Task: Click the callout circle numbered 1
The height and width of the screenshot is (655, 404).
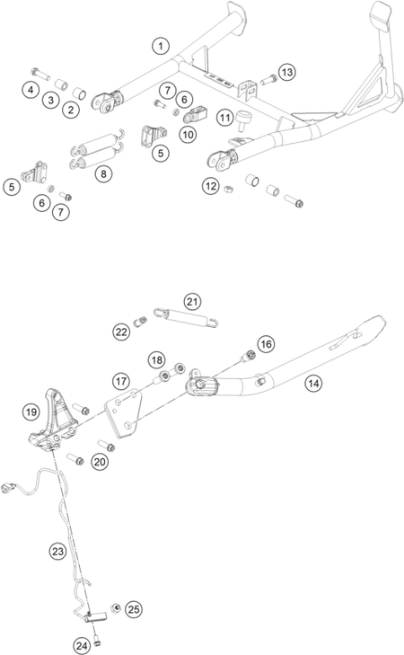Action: coord(161,46)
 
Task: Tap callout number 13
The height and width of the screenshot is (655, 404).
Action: coord(286,72)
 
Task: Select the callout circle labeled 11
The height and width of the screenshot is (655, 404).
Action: coord(225,118)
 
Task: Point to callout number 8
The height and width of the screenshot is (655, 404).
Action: coord(103,173)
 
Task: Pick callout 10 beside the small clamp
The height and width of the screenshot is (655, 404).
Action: coord(188,135)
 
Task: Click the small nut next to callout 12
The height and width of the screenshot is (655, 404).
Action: coord(228,190)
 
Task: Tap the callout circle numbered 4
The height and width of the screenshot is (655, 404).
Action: coord(31,89)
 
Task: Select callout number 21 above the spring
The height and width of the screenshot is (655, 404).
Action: coord(192,302)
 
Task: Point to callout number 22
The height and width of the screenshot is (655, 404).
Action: coord(121,332)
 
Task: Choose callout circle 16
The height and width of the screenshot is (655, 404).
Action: coord(266,344)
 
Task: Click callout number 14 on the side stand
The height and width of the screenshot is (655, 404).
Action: coord(313,383)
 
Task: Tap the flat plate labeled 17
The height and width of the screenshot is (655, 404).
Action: coord(123,412)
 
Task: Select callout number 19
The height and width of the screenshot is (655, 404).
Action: coord(31,412)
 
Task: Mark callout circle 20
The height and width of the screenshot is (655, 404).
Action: coord(100,462)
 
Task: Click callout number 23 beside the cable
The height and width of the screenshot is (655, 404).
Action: coord(57,552)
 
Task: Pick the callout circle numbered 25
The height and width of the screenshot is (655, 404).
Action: coord(134,609)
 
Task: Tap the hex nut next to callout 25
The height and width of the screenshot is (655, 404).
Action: coord(116,607)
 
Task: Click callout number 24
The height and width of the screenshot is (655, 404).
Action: coord(82,646)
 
